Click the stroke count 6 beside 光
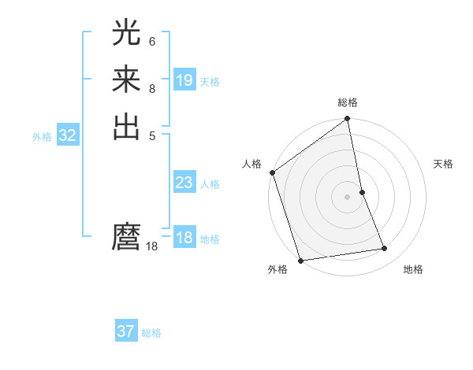[152, 41]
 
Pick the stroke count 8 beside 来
[152, 88]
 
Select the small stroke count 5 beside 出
[152, 135]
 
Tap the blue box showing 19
[184, 80]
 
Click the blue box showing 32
[68, 135]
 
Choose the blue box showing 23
[184, 183]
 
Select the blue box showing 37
[126, 331]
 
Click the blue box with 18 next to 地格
[184, 238]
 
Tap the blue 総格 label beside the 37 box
[151, 333]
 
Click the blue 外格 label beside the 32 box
[42, 137]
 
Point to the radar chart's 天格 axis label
[443, 164]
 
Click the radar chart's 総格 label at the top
[348, 102]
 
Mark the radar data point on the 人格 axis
[273, 172]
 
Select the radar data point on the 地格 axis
[385, 249]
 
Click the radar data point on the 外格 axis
[301, 261]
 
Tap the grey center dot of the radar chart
[348, 196]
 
